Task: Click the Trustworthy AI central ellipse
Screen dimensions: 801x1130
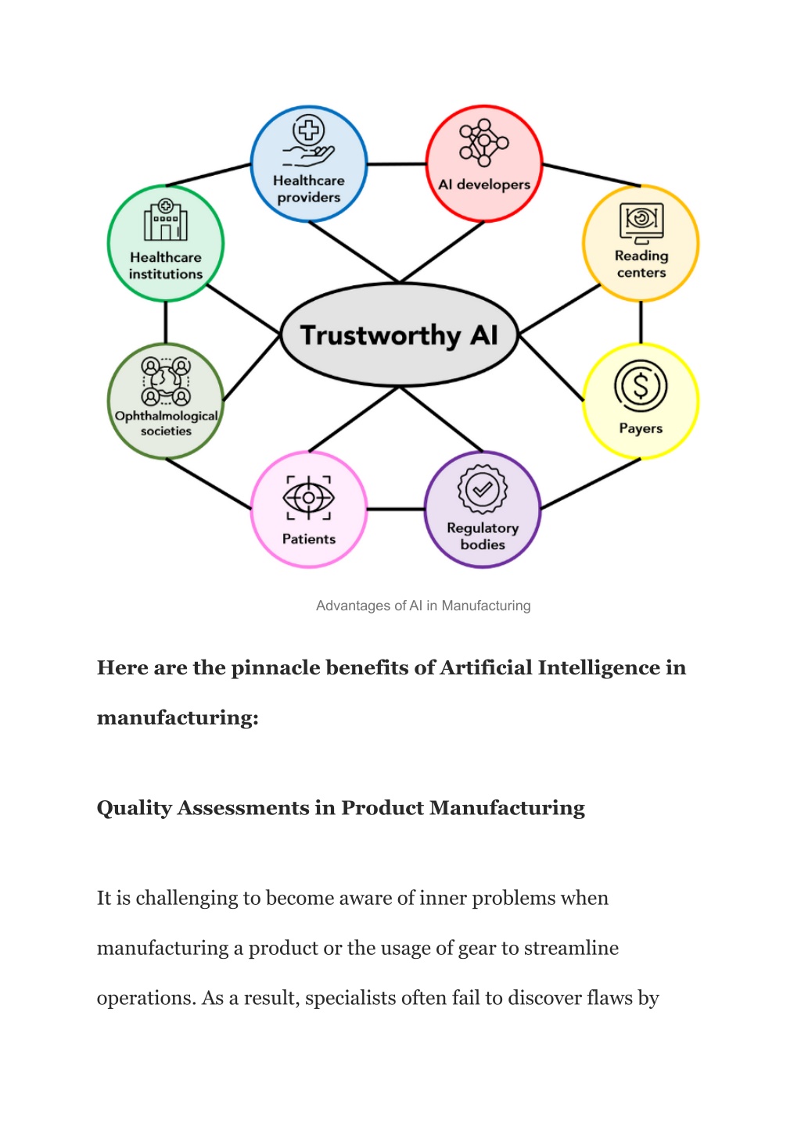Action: point(399,335)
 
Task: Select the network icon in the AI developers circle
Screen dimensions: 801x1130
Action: point(484,143)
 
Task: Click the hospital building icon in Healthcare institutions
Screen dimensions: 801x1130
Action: point(166,220)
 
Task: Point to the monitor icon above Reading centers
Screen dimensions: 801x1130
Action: point(641,223)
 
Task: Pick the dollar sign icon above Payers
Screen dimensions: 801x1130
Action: point(641,386)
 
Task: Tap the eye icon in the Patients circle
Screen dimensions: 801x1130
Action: point(308,498)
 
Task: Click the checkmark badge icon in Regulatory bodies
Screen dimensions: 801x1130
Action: point(483,489)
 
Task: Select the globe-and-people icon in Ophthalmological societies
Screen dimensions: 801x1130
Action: point(166,381)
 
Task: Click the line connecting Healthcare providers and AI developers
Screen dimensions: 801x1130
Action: point(397,164)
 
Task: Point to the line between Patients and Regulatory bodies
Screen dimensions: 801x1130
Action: point(396,509)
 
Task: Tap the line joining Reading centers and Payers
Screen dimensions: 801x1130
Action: point(641,322)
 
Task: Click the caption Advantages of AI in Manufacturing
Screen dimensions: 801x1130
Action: point(423,606)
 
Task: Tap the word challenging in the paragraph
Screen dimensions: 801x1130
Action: point(186,899)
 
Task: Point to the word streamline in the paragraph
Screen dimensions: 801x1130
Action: point(571,948)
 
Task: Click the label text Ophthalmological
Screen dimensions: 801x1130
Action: point(166,417)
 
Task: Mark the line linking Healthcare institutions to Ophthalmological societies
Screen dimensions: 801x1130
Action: point(166,322)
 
